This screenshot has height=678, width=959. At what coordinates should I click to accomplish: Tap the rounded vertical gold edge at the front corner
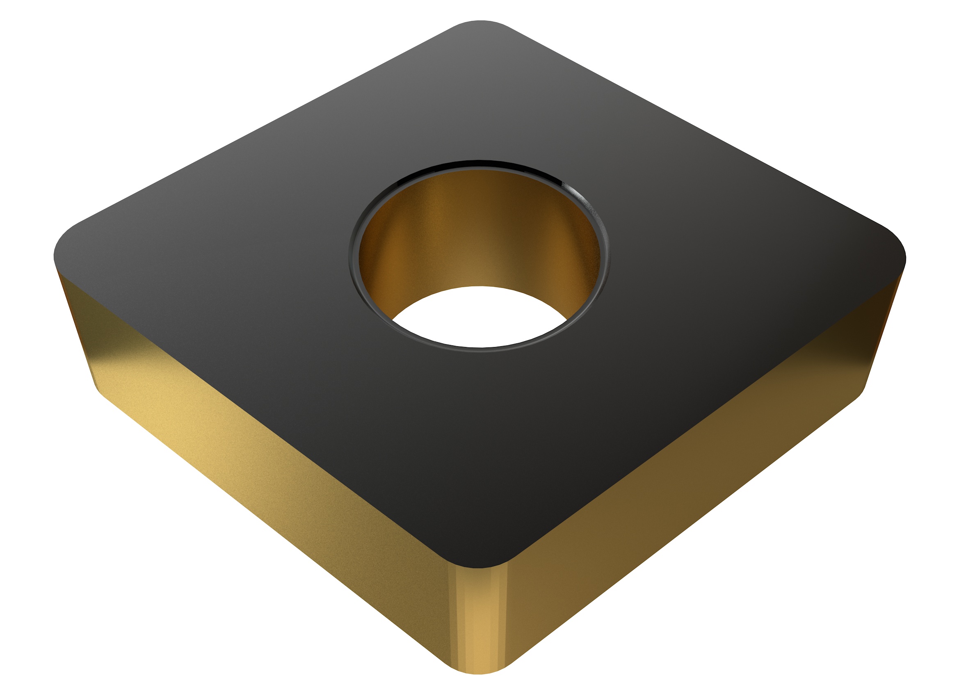[480, 618]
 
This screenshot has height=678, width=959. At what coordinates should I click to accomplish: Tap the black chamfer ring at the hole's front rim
[480, 350]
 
